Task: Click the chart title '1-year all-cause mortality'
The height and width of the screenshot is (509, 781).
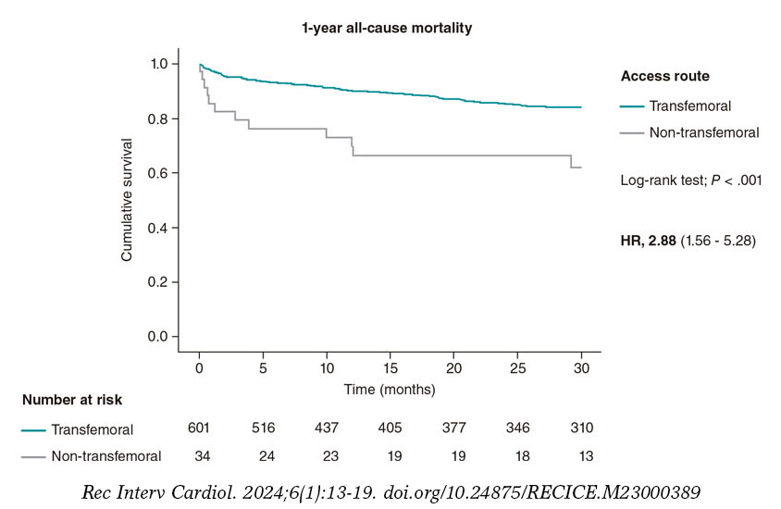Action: tap(386, 28)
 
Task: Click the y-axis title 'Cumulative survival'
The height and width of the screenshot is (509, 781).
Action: tap(128, 199)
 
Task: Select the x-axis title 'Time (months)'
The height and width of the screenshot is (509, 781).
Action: tap(390, 390)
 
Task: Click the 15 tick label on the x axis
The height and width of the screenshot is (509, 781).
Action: tap(390, 369)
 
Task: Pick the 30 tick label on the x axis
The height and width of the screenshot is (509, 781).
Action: tap(581, 369)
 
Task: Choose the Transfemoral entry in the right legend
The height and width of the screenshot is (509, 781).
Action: tap(690, 106)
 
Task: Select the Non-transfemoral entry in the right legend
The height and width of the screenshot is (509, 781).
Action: tap(703, 132)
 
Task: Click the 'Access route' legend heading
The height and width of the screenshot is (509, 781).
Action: tap(664, 76)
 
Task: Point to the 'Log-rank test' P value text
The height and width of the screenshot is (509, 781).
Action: tap(690, 181)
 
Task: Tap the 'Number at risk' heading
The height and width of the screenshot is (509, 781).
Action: tap(72, 400)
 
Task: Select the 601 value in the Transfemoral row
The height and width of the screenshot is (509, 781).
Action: tap(199, 428)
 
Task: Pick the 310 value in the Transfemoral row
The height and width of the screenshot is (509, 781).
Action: tap(581, 428)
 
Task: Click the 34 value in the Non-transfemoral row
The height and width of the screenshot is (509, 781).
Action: tap(199, 455)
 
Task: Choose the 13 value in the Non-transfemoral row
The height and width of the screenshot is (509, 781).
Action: tap(581, 455)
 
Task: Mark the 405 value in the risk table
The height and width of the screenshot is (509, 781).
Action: tap(390, 428)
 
